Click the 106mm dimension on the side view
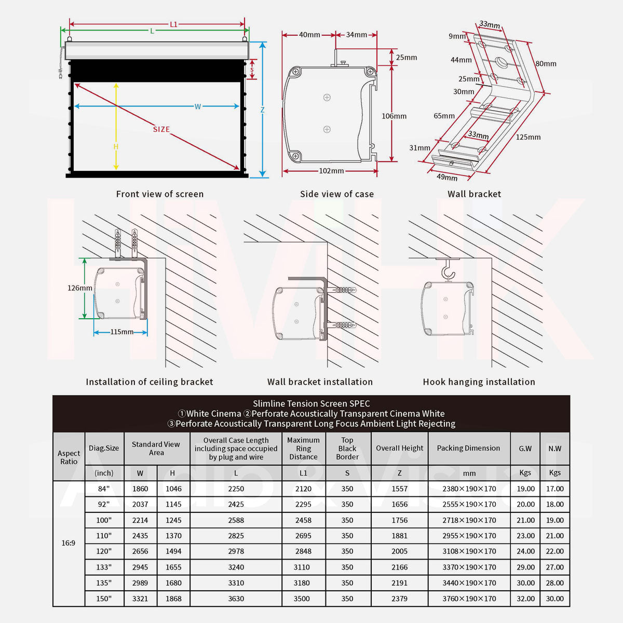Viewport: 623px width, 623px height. (394, 116)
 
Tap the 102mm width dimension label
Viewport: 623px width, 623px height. (331, 171)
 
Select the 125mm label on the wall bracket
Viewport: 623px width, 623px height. (528, 137)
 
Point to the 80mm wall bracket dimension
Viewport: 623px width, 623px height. (546, 63)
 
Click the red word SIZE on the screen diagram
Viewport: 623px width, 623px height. (161, 129)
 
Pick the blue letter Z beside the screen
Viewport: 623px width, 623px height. (263, 110)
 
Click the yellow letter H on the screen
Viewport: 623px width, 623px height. (116, 147)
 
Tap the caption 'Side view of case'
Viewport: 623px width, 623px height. (336, 194)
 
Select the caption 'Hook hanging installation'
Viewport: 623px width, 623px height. (479, 382)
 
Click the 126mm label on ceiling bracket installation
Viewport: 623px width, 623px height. (79, 288)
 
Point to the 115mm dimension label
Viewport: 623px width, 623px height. (121, 332)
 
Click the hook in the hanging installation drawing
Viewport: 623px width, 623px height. (447, 272)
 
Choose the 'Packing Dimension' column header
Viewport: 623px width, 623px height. (468, 448)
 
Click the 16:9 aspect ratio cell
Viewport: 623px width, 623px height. (69, 543)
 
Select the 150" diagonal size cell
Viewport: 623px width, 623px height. (104, 599)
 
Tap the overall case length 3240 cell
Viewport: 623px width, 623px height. (236, 567)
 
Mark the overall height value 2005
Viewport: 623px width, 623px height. (399, 551)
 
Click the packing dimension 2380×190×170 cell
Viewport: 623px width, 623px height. (469, 489)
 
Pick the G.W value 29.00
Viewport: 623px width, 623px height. (525, 567)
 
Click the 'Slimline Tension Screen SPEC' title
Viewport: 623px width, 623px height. (311, 403)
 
